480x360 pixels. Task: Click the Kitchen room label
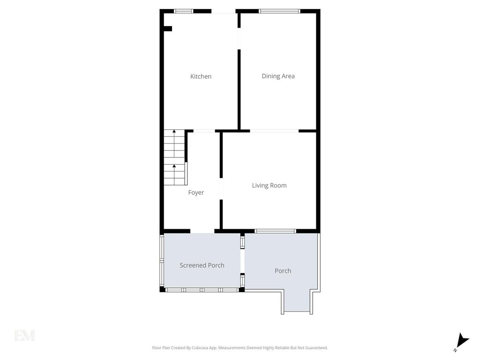coord(201,76)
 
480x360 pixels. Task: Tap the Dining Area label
coord(278,76)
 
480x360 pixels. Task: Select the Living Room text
coord(270,186)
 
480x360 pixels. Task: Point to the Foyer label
coord(196,193)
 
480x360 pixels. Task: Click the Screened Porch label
coord(202,265)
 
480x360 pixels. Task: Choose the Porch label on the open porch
coord(283,271)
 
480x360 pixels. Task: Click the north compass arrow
coord(463,342)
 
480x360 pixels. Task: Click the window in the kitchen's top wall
coord(184,11)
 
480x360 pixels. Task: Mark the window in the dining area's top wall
coord(279,11)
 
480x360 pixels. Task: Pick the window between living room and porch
coord(276,231)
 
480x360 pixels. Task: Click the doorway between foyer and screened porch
coord(202,231)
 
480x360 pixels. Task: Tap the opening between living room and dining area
coord(274,131)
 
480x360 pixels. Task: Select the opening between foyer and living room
coord(221,189)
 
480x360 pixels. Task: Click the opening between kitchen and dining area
coord(239,38)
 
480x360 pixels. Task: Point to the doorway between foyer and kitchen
coord(204,131)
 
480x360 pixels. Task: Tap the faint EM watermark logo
coord(24,335)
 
